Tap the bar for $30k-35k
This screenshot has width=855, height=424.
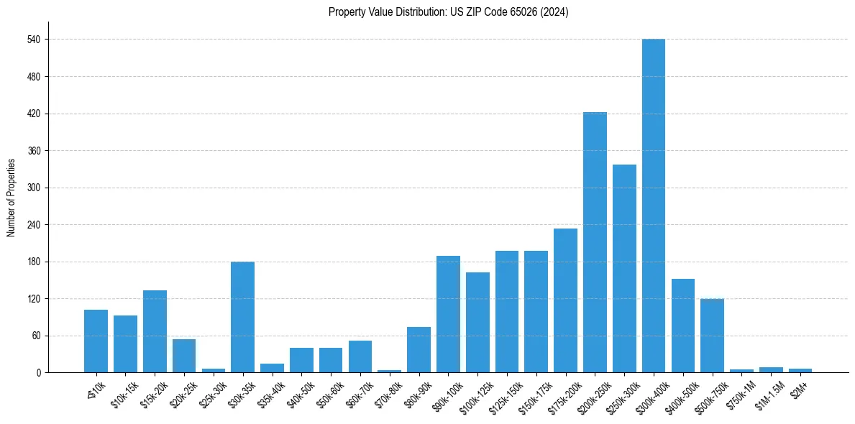[242, 317]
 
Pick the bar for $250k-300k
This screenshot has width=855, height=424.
[624, 269]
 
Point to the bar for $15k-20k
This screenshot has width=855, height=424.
[155, 331]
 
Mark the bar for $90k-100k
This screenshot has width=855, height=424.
[448, 314]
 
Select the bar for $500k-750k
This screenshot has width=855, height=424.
[712, 336]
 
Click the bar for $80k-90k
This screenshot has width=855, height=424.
[419, 350]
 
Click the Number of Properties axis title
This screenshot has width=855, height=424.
[11, 198]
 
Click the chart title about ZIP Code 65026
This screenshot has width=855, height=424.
[448, 12]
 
